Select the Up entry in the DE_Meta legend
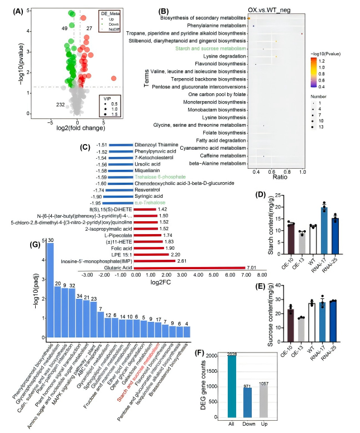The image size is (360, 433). tap(111, 18)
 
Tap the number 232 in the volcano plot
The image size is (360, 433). tap(61, 104)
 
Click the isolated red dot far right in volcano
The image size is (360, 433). tap(113, 79)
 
